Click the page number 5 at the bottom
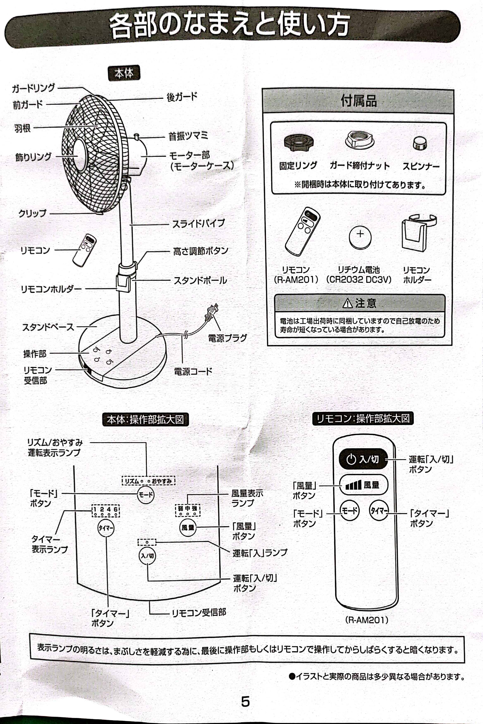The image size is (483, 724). pos(245,701)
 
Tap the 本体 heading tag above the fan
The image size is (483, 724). pos(124,73)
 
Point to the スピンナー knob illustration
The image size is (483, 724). pos(420,143)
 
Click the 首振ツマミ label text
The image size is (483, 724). pos(188,136)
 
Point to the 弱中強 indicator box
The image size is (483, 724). pos(188,510)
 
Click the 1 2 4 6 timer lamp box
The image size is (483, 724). pos(106,511)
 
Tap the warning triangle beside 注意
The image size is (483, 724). pos(347,303)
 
